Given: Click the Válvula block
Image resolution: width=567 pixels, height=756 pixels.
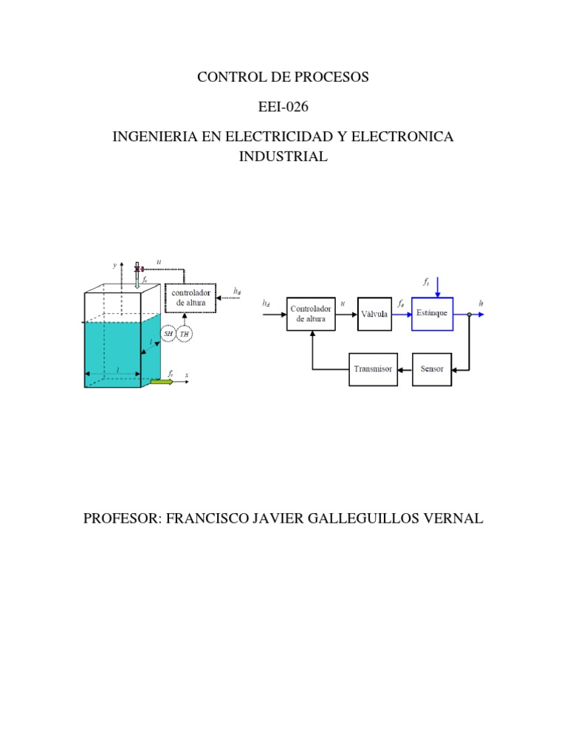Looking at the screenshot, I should click(374, 314).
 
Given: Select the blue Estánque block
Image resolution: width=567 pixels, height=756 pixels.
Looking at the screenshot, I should click(433, 313).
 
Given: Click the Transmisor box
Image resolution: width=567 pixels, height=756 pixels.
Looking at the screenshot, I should click(373, 368).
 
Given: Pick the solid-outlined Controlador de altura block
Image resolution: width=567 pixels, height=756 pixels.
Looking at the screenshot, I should click(311, 314).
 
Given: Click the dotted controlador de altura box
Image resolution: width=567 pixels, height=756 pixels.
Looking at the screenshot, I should click(190, 298).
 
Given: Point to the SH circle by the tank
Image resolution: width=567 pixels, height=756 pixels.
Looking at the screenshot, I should click(168, 334).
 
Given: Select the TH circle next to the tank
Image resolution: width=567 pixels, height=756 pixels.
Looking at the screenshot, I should click(185, 334).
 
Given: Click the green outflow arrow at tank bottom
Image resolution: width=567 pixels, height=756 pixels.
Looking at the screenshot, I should click(160, 382).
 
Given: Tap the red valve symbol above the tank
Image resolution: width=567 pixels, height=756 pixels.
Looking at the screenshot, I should click(138, 269).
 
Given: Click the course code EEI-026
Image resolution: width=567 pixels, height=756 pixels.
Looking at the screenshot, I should click(283, 107).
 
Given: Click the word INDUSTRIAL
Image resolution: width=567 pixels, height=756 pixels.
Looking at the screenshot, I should click(283, 157).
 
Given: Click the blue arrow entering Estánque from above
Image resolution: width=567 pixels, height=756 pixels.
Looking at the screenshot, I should click(439, 286).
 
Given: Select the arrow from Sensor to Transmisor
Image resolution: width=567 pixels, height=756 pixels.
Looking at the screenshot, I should click(405, 368).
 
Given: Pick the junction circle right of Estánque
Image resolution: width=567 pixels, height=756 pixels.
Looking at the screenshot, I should click(469, 314).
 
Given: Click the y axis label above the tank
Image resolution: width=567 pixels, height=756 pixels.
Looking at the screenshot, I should click(115, 264).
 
